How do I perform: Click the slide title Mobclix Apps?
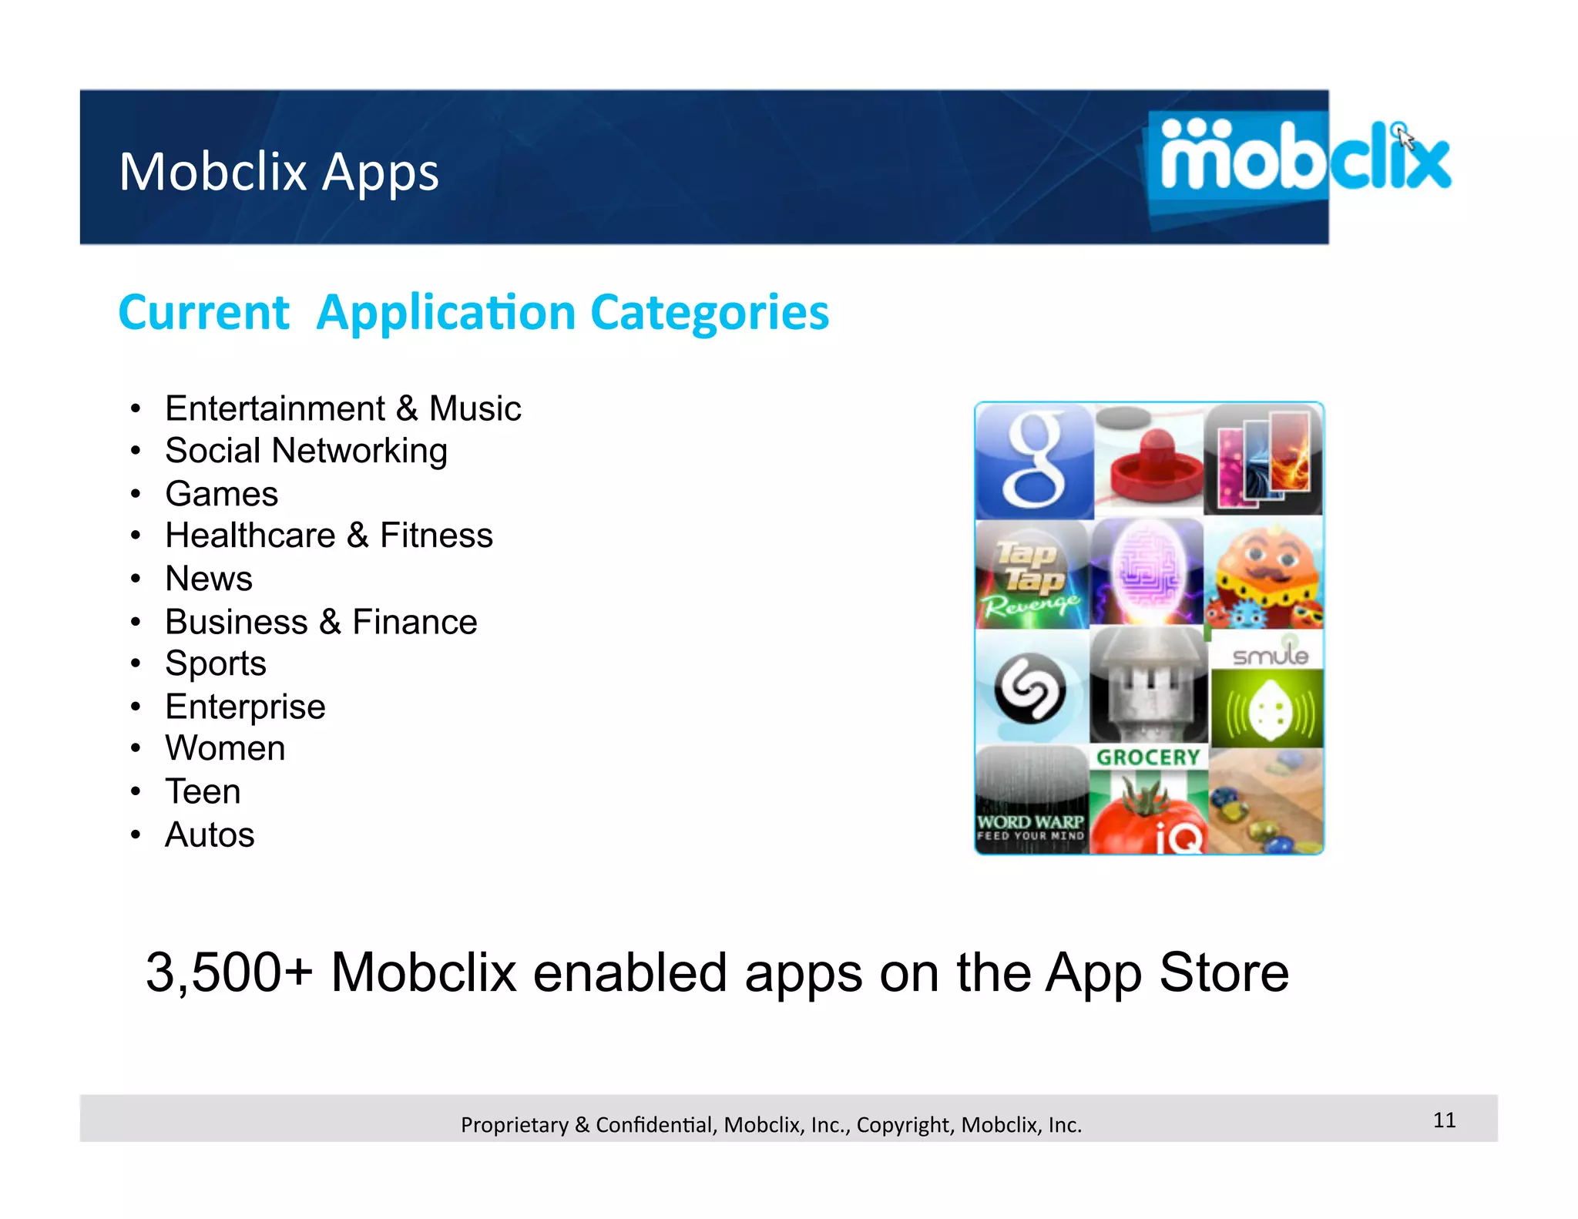pyautogui.click(x=279, y=171)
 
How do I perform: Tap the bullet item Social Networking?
pyautogui.click(x=306, y=451)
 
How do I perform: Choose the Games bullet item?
pyautogui.click(x=221, y=494)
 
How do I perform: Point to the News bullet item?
pyautogui.click(x=209, y=579)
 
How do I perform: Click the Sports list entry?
pyautogui.click(x=216, y=663)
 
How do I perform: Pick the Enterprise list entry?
pyautogui.click(x=245, y=707)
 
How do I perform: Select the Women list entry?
pyautogui.click(x=225, y=748)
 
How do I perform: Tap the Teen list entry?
pyautogui.click(x=203, y=791)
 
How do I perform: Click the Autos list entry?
pyautogui.click(x=210, y=834)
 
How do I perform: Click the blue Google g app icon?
pyautogui.click(x=1034, y=461)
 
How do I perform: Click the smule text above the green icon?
pyautogui.click(x=1269, y=655)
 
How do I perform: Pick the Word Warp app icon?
pyautogui.click(x=1032, y=800)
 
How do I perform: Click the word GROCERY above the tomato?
pyautogui.click(x=1148, y=757)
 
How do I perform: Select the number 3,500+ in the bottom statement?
pyautogui.click(x=229, y=972)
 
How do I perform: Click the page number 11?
pyautogui.click(x=1444, y=1120)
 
